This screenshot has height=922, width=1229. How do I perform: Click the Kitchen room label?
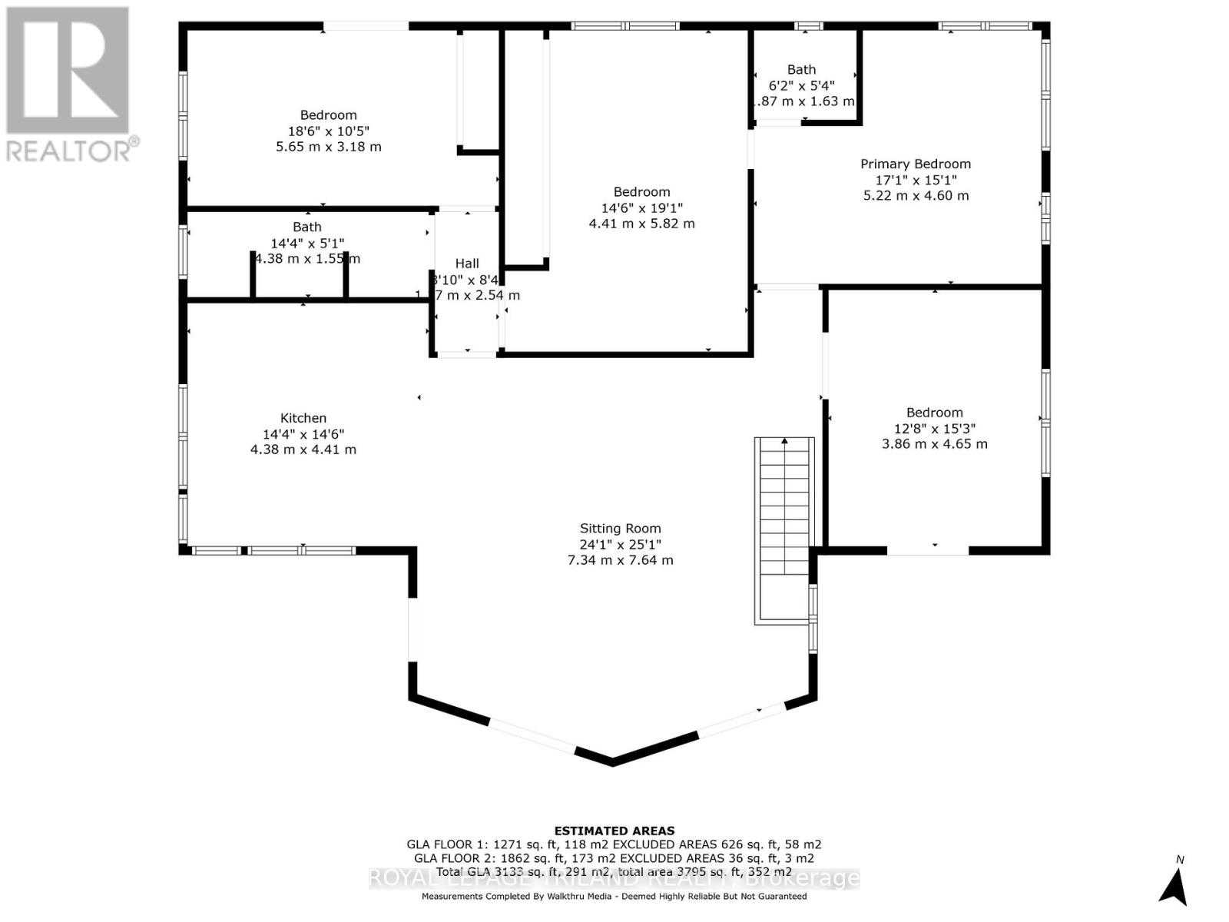coord(303,418)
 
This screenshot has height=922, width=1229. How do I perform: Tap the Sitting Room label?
coord(620,529)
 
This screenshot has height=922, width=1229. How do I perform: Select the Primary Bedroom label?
coord(916,164)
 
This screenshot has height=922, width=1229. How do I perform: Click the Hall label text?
coord(467,264)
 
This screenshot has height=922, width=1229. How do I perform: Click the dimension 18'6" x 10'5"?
coord(329,131)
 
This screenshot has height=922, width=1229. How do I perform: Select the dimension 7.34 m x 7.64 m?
coord(620,560)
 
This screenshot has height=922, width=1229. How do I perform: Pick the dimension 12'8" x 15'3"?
coord(934,429)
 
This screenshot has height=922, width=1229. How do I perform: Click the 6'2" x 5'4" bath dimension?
coord(801,85)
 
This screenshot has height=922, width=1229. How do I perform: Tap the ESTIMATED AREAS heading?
coord(614,831)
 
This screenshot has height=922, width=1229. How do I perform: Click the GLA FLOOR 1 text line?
coord(614,844)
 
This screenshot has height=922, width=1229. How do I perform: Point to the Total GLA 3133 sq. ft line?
coord(614,872)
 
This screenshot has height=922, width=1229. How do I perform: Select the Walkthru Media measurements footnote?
coord(614,897)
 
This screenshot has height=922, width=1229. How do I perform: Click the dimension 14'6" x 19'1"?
coord(641,208)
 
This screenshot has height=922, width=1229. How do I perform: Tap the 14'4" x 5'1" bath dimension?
coord(306,243)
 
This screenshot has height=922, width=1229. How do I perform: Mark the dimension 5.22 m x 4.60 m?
coord(916,196)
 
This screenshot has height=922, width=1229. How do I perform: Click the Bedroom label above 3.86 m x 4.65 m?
coord(934,413)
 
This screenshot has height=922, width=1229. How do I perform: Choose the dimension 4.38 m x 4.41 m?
coord(303,449)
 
